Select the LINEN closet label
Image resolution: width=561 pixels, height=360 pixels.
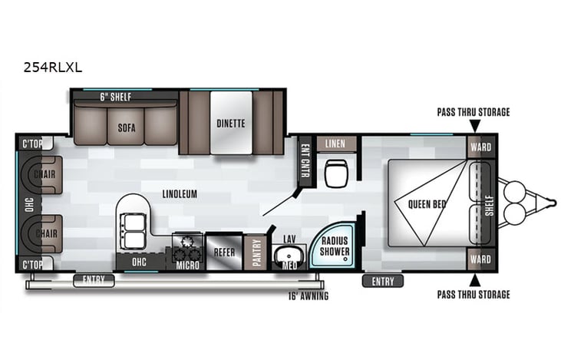(335, 144)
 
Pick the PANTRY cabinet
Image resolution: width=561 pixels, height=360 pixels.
(257, 253)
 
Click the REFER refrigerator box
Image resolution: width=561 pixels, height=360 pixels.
(223, 250)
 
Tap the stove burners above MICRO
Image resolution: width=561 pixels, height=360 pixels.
(186, 246)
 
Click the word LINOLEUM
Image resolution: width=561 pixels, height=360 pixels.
(180, 194)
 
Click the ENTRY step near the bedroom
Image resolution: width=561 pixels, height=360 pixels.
(382, 281)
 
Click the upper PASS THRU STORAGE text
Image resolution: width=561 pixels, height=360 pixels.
(473, 112)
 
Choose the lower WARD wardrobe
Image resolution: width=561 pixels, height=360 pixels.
(480, 259)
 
